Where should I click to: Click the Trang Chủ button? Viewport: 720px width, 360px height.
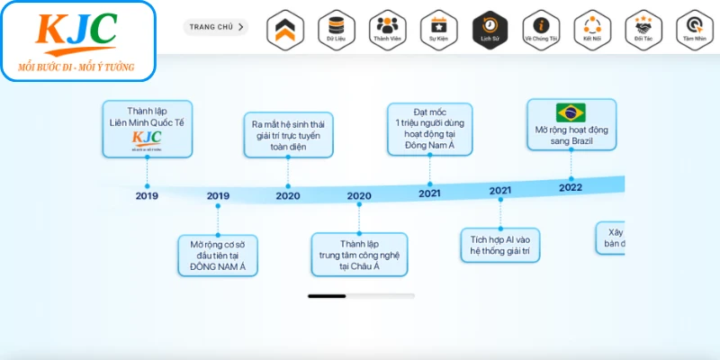(x=216, y=27)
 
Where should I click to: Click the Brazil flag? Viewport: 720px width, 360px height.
(x=571, y=112)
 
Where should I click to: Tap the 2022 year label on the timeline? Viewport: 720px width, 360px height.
(x=571, y=187)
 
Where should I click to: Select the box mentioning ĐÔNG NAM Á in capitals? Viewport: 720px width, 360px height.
(x=218, y=256)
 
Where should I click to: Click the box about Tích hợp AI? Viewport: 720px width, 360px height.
(x=500, y=246)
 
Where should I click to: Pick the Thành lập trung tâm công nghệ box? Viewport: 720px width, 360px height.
(x=359, y=255)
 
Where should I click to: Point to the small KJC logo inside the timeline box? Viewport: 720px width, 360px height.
(x=147, y=139)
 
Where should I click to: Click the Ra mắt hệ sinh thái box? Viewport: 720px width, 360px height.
(x=288, y=135)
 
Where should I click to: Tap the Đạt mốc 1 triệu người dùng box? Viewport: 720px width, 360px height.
(x=429, y=128)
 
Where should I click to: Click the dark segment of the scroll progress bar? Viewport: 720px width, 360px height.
(x=327, y=295)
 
